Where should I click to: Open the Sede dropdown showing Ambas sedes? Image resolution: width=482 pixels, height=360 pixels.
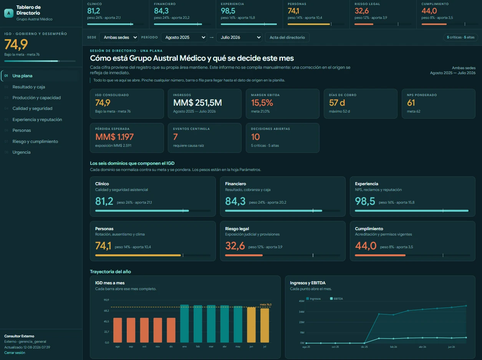[119, 37]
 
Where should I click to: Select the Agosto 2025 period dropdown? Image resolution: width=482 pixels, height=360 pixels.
[184, 37]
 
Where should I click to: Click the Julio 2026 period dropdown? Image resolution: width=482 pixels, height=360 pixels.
[239, 37]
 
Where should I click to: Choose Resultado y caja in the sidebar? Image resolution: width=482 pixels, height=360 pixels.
[29, 87]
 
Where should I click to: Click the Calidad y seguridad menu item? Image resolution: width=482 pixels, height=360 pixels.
[33, 108]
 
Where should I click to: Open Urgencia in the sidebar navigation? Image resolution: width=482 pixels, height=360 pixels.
[22, 152]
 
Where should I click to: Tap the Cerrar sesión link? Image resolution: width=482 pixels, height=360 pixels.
[15, 353]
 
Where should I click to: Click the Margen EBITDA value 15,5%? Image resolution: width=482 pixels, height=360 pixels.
[262, 103]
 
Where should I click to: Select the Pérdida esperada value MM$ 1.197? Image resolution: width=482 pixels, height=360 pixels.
[114, 137]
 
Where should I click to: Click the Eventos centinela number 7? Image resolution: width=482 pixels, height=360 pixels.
[175, 137]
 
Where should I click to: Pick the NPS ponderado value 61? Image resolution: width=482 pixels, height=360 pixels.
[411, 103]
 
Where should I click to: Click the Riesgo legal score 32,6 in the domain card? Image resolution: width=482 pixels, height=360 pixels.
[235, 246]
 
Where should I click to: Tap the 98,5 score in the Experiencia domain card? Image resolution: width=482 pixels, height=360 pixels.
[365, 201]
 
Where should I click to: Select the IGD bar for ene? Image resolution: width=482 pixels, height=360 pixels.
[184, 324]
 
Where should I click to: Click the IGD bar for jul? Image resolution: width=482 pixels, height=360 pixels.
[265, 325]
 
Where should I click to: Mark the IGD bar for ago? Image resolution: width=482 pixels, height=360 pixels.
[118, 330]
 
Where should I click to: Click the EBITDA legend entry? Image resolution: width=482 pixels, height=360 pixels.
[336, 299]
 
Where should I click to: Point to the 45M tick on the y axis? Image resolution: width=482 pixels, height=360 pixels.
[301, 301]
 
